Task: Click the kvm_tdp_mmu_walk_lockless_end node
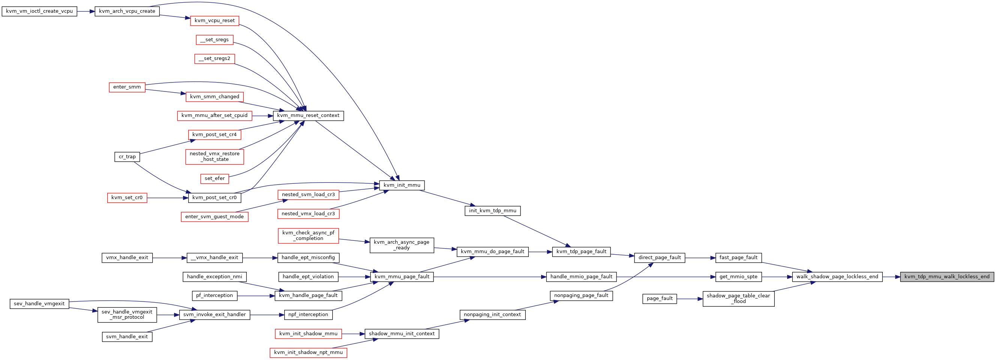click(947, 276)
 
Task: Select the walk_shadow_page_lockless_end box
click(837, 276)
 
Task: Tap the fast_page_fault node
click(738, 258)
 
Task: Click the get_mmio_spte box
click(738, 276)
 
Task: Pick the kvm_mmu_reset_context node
click(308, 115)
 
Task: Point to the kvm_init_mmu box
click(402, 185)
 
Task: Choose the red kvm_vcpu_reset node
click(214, 21)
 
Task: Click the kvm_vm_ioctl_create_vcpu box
click(39, 11)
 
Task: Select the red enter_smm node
click(127, 87)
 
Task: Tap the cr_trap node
click(127, 157)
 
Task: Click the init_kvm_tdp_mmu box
click(493, 211)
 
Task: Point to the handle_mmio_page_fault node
click(581, 276)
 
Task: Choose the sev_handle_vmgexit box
click(39, 303)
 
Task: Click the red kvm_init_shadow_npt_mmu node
click(308, 352)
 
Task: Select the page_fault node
click(660, 298)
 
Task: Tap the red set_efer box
click(214, 178)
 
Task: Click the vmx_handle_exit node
click(127, 258)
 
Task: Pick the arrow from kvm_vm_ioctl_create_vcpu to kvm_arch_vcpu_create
click(86, 11)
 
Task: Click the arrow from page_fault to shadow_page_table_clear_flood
click(690, 299)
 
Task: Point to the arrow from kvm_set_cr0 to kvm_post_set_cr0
click(167, 198)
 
